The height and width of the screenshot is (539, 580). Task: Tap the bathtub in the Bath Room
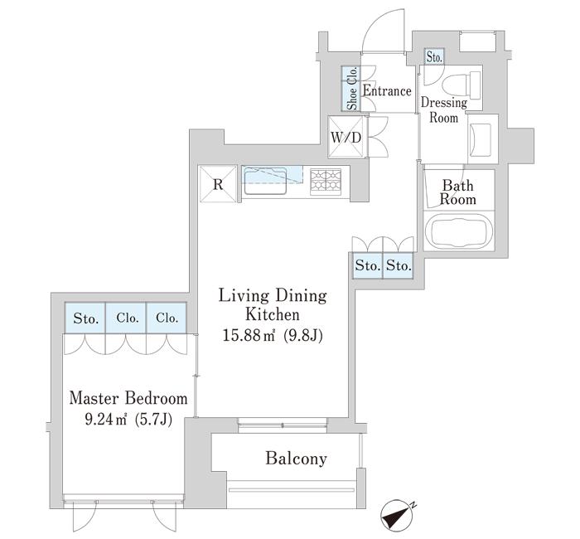459,231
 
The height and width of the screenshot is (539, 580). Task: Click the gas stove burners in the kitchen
326,182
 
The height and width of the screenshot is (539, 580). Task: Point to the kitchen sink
266,181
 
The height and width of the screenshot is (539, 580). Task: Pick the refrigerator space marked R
218,184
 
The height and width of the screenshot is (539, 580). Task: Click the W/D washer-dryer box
346,138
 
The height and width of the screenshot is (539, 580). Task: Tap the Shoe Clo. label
352,88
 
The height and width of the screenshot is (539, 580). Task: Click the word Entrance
387,91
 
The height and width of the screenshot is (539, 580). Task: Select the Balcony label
297,459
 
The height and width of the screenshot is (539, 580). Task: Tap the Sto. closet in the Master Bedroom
85,318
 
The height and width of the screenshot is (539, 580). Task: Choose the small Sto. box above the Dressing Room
434,57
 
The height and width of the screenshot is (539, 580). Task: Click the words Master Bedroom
128,398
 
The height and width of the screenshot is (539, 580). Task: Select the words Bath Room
458,192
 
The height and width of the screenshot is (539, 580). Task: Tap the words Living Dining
273,296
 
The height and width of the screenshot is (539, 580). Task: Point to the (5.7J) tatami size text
153,420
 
